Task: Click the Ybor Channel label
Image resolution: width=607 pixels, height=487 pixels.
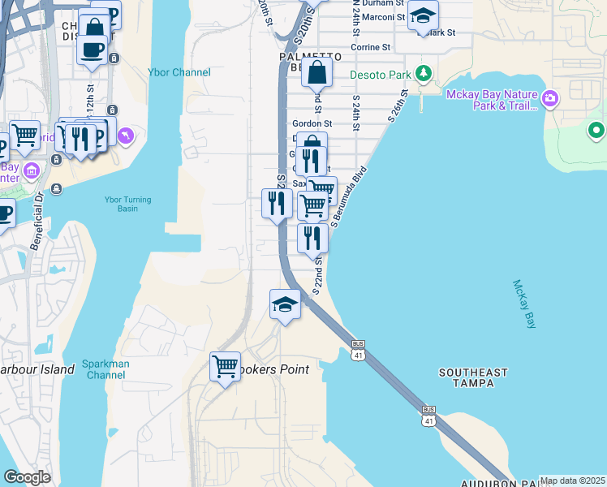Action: pos(179,72)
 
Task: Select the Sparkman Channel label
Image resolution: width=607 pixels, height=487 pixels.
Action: pos(106,369)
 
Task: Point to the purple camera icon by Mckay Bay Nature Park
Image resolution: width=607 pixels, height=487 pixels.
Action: pos(551,99)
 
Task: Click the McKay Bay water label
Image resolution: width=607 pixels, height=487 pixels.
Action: pos(524,304)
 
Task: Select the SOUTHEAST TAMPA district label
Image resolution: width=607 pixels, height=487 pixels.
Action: pos(473,377)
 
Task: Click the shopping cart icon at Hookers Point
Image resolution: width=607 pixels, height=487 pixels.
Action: pos(225,365)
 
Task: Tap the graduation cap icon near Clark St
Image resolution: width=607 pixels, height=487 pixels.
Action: pos(422,14)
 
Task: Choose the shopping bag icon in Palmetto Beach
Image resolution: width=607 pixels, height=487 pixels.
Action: pos(316,74)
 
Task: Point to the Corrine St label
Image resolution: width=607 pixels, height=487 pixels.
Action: pos(371,47)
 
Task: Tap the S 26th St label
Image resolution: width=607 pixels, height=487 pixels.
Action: pos(401,106)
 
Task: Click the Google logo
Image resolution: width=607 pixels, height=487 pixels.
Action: pos(27,477)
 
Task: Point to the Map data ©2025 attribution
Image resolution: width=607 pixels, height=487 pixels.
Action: pos(572,481)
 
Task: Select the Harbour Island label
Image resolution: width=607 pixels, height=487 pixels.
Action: pos(37,369)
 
